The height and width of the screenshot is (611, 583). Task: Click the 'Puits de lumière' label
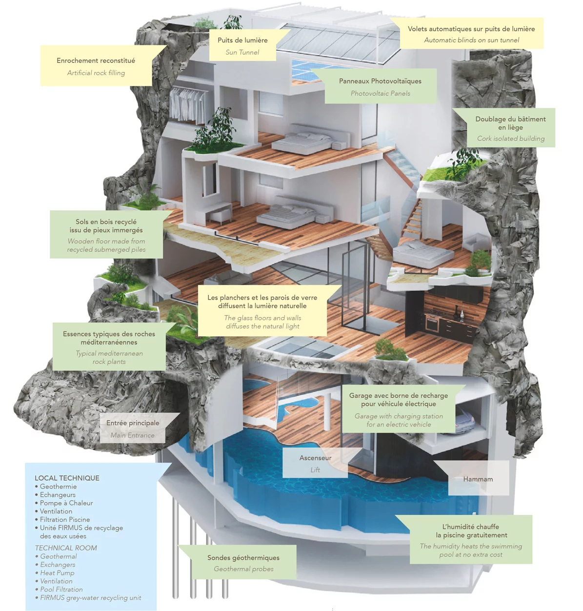[x=242, y=41]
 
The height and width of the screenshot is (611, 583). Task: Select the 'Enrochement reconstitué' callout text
[x=96, y=61]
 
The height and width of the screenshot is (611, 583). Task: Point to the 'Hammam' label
[x=478, y=479]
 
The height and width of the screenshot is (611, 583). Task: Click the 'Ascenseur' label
[x=315, y=458]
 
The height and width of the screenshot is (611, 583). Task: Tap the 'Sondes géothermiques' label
[x=243, y=557]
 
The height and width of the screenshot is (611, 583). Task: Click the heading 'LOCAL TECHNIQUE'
[x=67, y=478]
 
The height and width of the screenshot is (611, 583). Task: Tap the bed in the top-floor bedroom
[x=309, y=142]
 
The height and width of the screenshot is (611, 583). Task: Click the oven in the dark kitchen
[x=432, y=323]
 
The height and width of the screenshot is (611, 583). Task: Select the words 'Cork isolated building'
[x=511, y=139]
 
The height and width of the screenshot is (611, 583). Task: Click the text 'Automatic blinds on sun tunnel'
[x=471, y=40]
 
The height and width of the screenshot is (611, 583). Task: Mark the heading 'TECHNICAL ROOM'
[x=66, y=548]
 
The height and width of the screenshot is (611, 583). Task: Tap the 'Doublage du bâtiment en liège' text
[x=510, y=123]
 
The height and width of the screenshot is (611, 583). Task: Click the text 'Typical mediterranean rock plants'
[x=109, y=357]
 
